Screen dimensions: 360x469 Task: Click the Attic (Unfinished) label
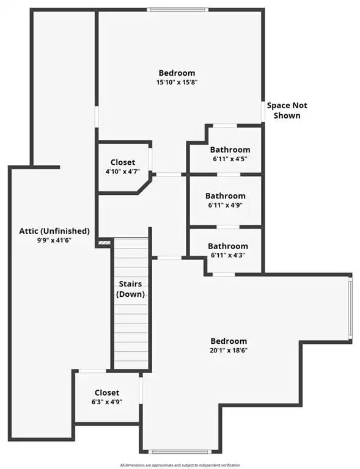54,231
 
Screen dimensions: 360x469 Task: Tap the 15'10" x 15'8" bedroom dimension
177,82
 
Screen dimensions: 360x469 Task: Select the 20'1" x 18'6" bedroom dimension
229,351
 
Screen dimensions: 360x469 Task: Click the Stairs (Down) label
130,289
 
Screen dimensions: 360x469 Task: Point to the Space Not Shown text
287,111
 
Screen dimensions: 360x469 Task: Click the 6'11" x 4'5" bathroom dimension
230,159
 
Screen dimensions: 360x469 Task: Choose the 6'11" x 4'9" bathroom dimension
226,205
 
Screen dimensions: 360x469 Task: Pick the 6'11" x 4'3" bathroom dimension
228,255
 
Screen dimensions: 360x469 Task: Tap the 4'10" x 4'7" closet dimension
123,172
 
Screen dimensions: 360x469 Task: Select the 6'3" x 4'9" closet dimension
107,402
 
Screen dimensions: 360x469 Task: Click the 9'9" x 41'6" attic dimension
54,240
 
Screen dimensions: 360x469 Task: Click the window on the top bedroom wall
178,10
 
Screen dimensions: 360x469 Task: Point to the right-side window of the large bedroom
350,308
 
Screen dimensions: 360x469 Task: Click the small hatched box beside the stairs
104,242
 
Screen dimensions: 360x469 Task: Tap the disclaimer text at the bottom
180,465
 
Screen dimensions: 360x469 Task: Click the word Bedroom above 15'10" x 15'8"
177,73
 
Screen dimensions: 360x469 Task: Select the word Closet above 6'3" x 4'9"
107,393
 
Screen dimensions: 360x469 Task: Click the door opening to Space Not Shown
263,111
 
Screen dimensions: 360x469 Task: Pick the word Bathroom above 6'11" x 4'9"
226,196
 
